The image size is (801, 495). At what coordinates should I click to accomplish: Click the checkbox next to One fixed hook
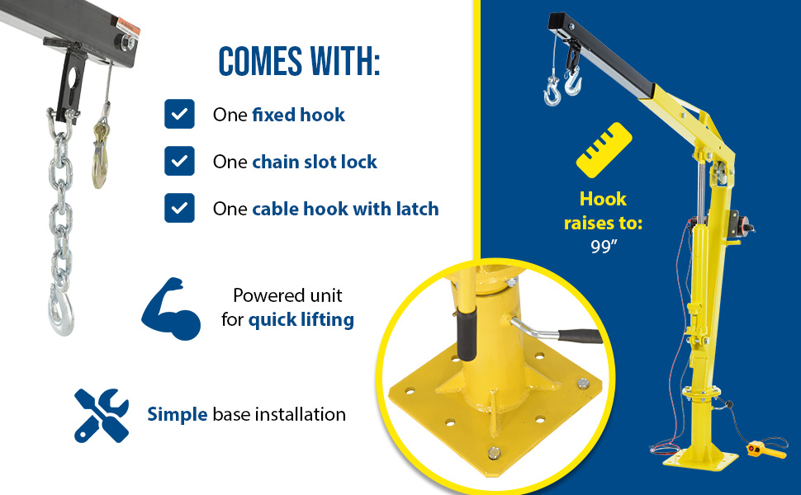click(x=179, y=114)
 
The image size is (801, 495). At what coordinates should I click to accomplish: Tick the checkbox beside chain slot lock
click(x=179, y=161)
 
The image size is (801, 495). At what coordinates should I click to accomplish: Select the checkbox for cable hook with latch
click(x=179, y=208)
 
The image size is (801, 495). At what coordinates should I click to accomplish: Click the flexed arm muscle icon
click(x=171, y=309)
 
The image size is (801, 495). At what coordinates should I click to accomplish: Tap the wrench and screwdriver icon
click(x=101, y=416)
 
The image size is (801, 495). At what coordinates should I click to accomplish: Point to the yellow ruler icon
click(x=604, y=150)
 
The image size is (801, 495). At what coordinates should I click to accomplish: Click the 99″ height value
click(x=604, y=247)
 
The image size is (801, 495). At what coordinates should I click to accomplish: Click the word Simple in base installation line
click(x=177, y=414)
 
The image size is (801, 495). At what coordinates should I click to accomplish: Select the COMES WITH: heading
click(x=300, y=62)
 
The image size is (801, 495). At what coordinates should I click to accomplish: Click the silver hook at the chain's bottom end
click(x=62, y=311)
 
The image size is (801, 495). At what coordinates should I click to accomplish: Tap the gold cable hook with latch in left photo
click(x=100, y=153)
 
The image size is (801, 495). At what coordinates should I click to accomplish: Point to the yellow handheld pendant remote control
click(x=765, y=450)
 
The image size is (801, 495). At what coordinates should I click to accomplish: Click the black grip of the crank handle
click(x=580, y=336)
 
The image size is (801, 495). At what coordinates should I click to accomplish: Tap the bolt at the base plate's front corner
click(x=494, y=452)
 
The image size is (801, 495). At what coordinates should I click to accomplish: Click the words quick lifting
click(x=301, y=320)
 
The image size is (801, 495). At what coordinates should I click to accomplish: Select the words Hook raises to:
click(x=604, y=210)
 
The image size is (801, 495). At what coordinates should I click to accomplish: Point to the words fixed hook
click(x=298, y=115)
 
